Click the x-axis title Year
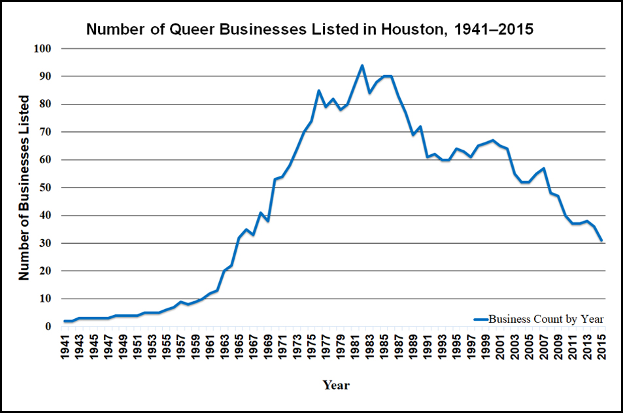tap(336, 386)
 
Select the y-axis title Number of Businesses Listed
tap(24, 188)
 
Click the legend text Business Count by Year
tap(546, 320)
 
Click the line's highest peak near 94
tap(362, 65)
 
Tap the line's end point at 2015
tap(601, 240)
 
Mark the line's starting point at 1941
tap(65, 321)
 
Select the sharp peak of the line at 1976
tap(318, 91)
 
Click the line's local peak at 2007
tap(543, 169)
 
